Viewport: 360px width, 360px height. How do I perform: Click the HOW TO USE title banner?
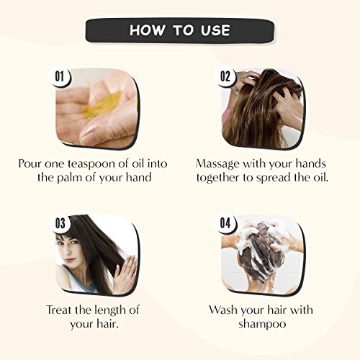pos(180,30)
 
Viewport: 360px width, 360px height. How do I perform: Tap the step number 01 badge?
pos(60,77)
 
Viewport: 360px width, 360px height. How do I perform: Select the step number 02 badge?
pos(225,76)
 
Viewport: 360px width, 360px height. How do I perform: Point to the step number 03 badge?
pos(60,223)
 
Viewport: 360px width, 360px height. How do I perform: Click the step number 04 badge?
pos(225,223)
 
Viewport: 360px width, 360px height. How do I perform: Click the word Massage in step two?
pos(217,165)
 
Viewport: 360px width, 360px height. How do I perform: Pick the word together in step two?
pos(218,178)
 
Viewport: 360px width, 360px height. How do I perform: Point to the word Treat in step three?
pos(59,310)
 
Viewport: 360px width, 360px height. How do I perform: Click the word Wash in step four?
pos(223,310)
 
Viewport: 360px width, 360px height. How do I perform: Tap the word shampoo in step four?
pos(262,324)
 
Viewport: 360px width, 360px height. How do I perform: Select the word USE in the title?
pos(215,30)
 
